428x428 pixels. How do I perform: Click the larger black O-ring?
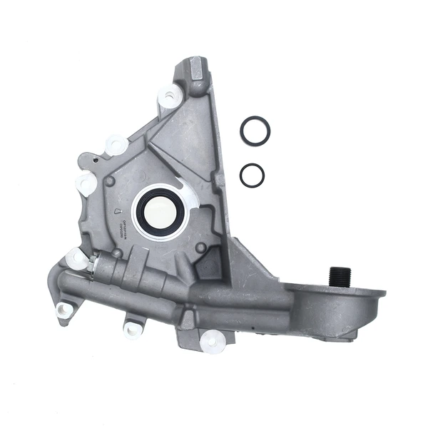pyautogui.click(x=255, y=131)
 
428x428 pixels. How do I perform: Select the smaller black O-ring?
pyautogui.click(x=252, y=175)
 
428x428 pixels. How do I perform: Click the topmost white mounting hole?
pyautogui.click(x=170, y=95)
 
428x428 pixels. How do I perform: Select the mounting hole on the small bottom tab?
pyautogui.click(x=132, y=329)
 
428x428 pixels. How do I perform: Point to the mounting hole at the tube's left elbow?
pyautogui.click(x=64, y=310)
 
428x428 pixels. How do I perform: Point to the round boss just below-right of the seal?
pyautogui.click(x=202, y=248)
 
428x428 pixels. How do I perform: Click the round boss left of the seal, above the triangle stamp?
pyautogui.click(x=109, y=183)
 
